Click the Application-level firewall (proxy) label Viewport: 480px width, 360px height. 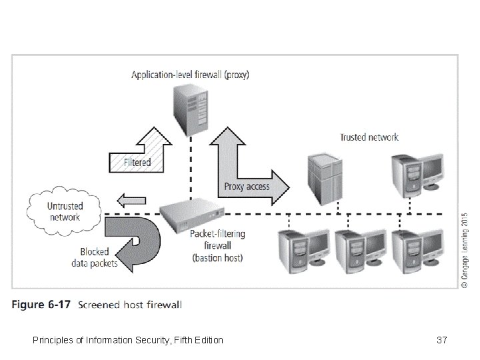click(x=190, y=75)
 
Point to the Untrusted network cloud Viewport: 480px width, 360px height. click(x=64, y=211)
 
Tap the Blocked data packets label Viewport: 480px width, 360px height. click(x=94, y=258)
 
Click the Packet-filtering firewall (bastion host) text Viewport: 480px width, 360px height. click(x=217, y=245)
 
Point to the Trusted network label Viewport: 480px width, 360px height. click(x=369, y=137)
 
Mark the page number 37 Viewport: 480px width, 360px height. click(x=441, y=341)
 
